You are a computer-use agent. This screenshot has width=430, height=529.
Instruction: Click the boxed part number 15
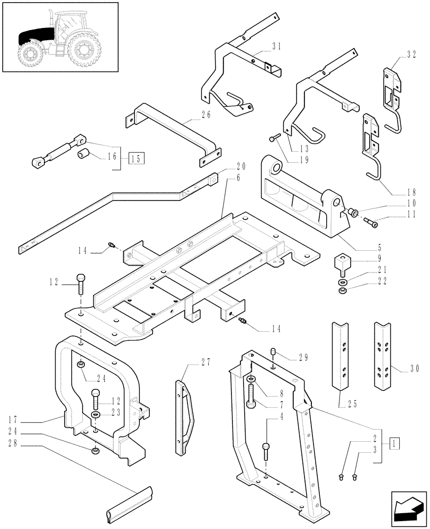coord(136,158)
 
